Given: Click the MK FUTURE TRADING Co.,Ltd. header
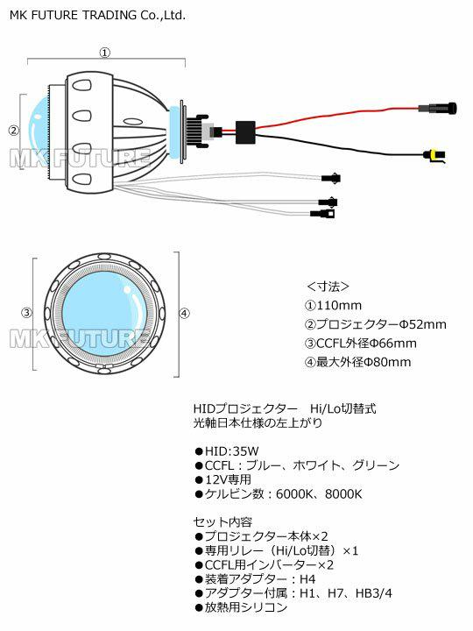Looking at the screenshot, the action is [97, 15].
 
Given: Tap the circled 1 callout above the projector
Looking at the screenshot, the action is [105, 53].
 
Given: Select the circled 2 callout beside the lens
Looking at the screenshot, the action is [14, 131].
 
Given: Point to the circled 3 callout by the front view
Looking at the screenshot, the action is [26, 313].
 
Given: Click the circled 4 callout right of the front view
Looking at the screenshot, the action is [184, 313].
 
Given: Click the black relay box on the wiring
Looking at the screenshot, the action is [245, 132].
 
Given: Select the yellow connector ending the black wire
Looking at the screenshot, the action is [434, 155].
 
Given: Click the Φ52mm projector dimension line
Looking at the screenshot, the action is [376, 324].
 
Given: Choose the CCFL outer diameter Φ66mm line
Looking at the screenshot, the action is [361, 344].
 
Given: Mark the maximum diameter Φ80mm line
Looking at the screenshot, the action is [358, 362].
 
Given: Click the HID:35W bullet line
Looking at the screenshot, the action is [227, 451].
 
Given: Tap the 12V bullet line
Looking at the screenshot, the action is [223, 479].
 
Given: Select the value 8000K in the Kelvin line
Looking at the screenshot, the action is [343, 493].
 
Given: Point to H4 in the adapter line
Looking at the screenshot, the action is [307, 579].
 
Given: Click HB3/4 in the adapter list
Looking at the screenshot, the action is [374, 593].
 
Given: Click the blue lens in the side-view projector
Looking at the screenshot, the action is [39, 131].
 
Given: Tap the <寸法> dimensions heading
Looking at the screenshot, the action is [328, 287].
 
